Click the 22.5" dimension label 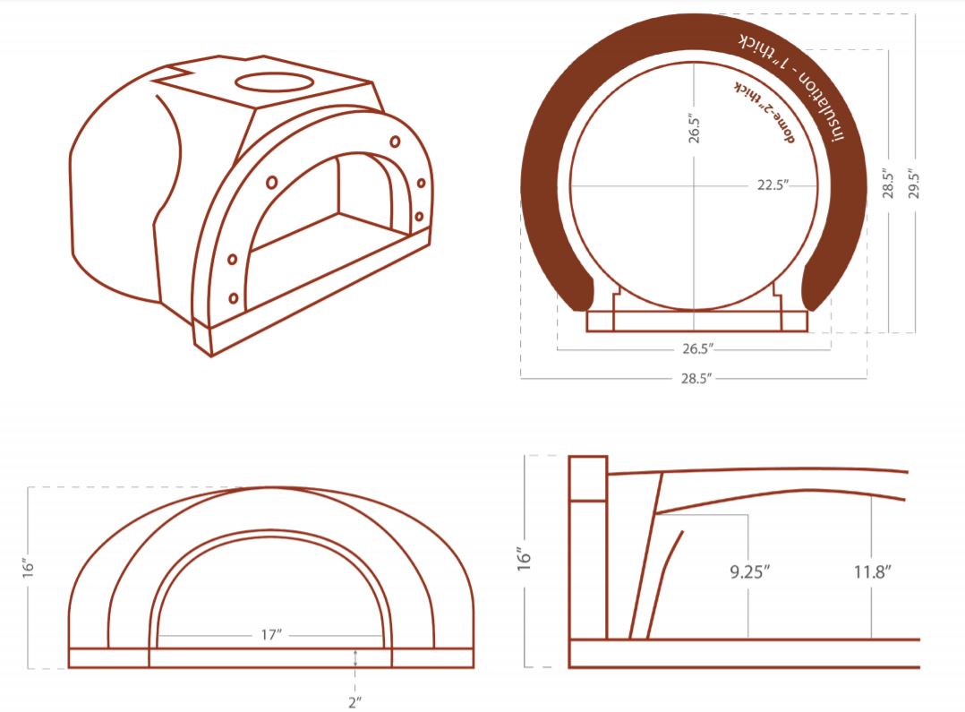coord(773,185)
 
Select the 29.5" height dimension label coord(914,184)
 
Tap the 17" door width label coord(271,634)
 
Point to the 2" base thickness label coord(354,701)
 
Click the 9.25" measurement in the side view coord(749,572)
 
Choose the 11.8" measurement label coord(873,572)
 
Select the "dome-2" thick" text coord(764,112)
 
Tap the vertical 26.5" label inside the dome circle coord(695,127)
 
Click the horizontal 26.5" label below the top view coord(698,348)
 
